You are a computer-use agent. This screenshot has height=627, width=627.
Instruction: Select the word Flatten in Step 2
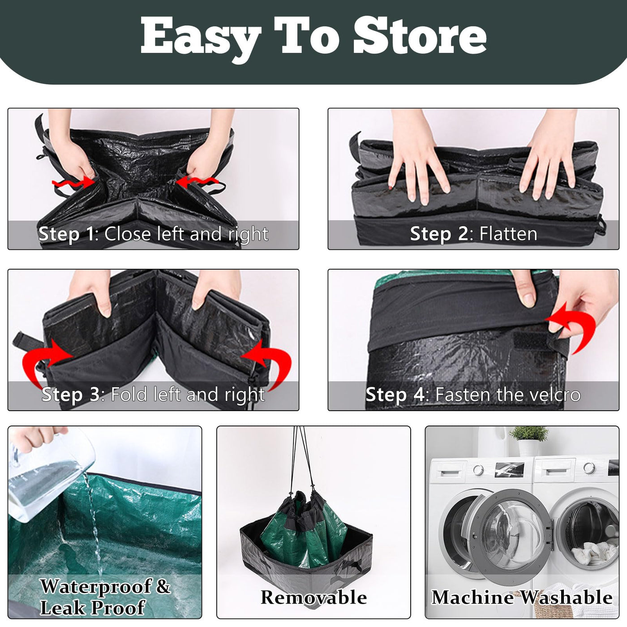coord(508,234)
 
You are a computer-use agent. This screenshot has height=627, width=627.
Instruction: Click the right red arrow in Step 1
coord(197,182)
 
